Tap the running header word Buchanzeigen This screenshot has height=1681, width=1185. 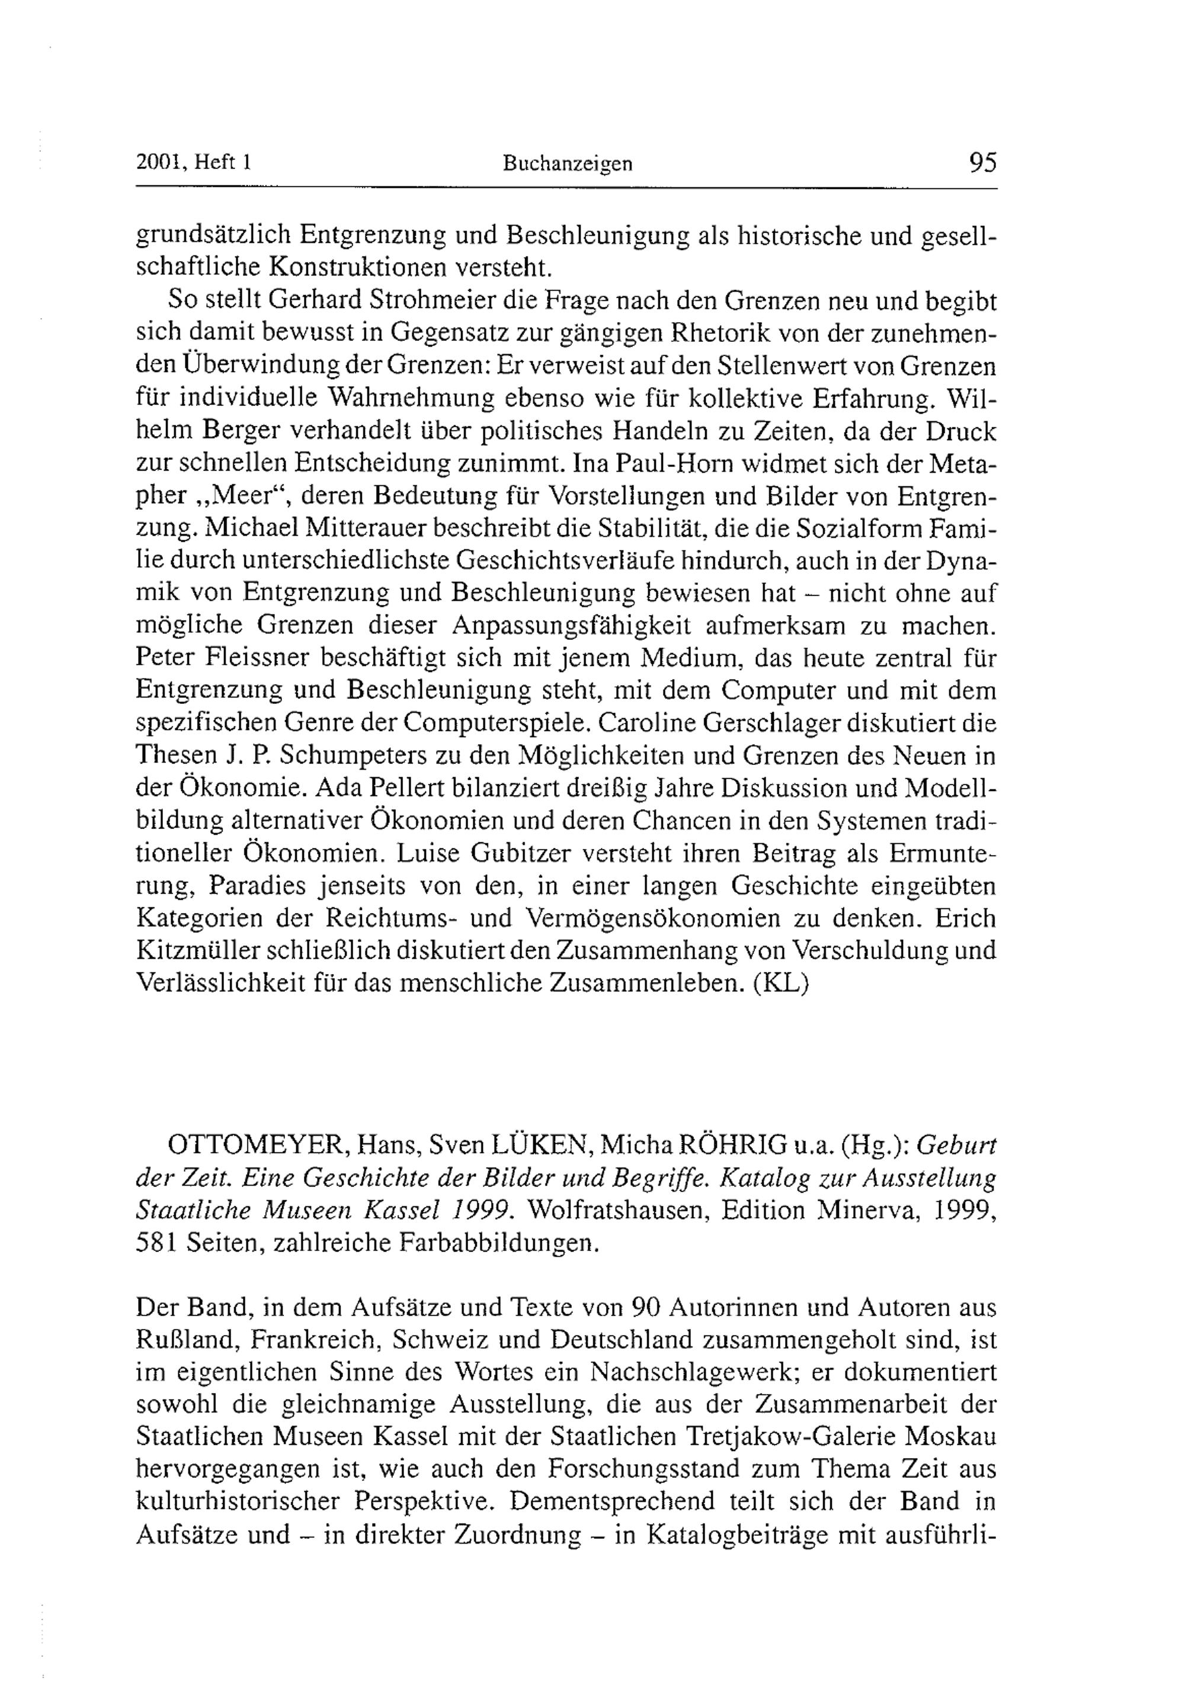click(567, 164)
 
